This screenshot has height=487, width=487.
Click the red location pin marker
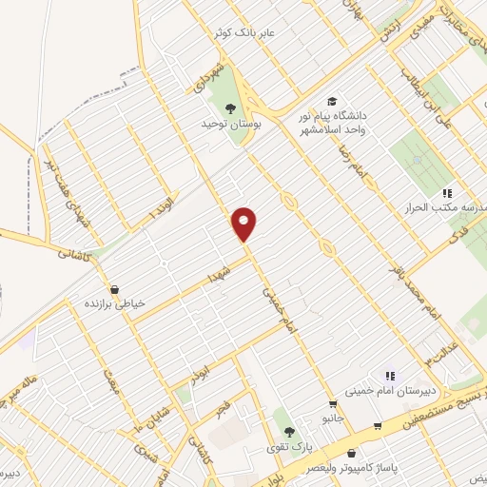[245, 224]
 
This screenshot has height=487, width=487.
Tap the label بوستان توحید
[224, 124]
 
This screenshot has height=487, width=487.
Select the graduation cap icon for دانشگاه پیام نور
[332, 102]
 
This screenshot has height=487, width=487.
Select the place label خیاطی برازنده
[116, 304]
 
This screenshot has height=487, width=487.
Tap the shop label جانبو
[332, 419]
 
